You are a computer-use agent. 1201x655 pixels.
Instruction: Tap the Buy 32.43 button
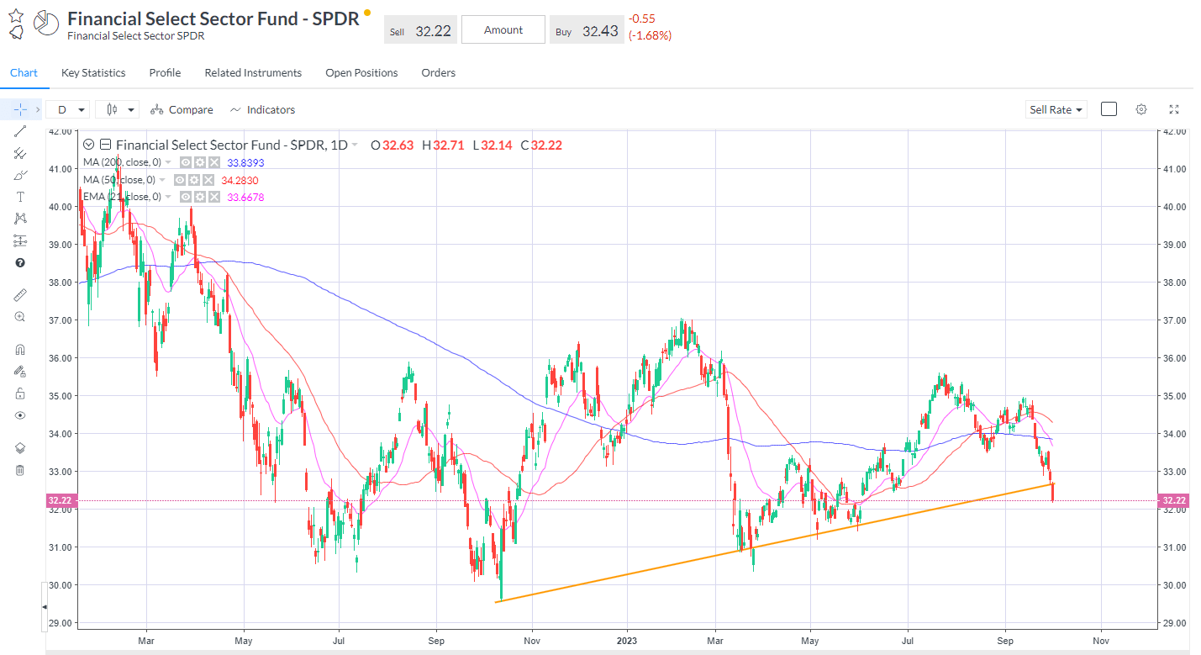587,30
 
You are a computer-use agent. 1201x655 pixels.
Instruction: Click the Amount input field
503,30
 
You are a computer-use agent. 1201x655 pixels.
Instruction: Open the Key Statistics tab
93,73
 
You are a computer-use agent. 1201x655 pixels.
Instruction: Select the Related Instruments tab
253,73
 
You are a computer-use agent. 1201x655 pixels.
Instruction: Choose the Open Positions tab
361,73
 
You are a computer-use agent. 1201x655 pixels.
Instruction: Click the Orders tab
438,73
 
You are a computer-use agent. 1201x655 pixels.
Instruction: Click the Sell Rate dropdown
1056,110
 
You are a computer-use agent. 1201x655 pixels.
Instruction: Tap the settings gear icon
1141,109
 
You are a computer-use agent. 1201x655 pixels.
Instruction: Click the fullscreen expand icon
1174,109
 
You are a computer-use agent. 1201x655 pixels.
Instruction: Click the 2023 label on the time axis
627,641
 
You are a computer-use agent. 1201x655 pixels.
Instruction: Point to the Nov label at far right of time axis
1101,641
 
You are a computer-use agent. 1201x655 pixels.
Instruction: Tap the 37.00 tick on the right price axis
1173,320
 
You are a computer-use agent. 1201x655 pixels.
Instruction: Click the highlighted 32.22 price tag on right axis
1174,501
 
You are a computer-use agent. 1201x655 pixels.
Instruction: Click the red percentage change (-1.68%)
650,35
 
